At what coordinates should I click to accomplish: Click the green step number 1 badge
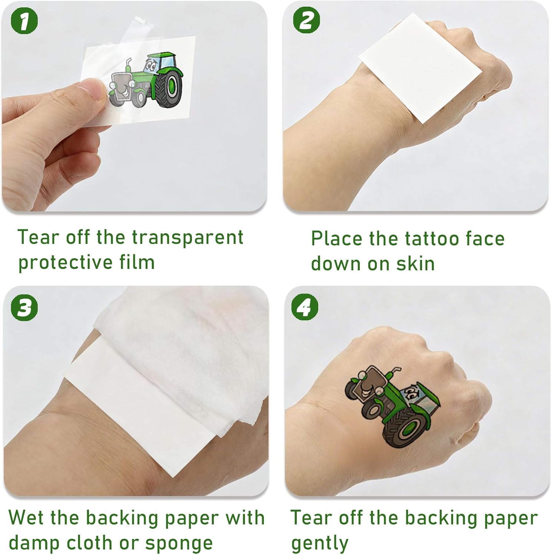pos(24,21)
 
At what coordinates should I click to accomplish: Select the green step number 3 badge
pos(24,307)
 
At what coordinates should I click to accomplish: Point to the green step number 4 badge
pos(305,307)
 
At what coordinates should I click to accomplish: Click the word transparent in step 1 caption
pos(188,238)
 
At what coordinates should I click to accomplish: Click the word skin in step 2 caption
pos(416,263)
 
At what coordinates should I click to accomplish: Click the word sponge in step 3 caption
pos(179,543)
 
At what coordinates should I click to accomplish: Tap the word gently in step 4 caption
pos(320,543)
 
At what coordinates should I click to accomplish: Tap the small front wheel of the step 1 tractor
pos(140,98)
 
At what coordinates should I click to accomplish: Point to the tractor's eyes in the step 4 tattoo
pos(410,392)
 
